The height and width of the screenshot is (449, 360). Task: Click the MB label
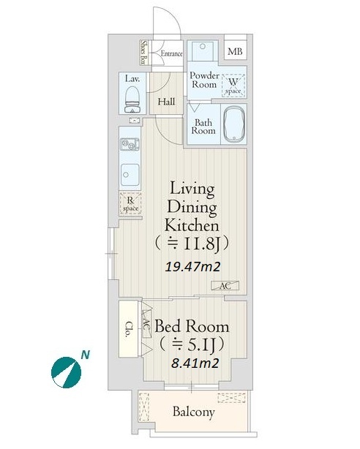click(235, 51)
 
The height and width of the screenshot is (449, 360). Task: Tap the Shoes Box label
click(143, 52)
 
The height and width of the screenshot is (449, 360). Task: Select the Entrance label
click(171, 53)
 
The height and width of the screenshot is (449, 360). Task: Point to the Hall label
click(166, 102)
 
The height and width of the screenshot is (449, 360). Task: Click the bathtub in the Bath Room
click(234, 124)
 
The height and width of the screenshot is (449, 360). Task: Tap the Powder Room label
click(204, 80)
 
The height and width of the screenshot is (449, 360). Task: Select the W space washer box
click(233, 85)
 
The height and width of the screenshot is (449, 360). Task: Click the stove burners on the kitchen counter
click(130, 145)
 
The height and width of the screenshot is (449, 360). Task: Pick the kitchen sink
click(130, 174)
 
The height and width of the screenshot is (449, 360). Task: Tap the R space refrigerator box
click(131, 203)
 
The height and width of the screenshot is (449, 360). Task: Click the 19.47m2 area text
click(192, 267)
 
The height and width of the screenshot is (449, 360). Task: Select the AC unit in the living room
click(225, 286)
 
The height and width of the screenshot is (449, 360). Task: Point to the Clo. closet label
click(130, 329)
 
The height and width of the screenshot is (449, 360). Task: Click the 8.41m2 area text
click(195, 363)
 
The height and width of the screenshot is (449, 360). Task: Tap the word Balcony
click(194, 412)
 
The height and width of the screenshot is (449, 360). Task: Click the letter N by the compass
click(85, 355)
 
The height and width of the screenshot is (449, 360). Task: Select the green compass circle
click(66, 372)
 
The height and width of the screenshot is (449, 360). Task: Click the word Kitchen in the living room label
click(192, 224)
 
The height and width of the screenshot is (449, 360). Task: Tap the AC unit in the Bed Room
click(146, 325)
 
